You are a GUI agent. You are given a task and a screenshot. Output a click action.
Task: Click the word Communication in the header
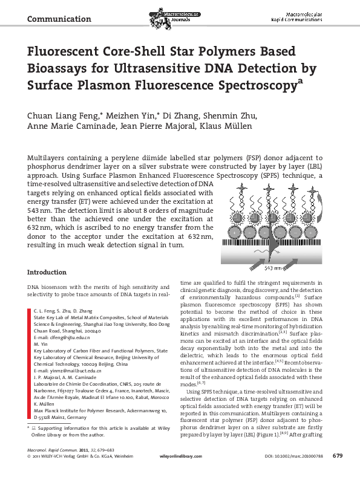(59, 19)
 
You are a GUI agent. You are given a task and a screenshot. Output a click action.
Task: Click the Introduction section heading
(47, 272)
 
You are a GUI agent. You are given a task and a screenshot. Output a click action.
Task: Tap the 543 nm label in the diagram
(275, 266)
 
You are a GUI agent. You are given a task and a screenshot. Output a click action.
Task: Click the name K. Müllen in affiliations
(46, 404)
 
